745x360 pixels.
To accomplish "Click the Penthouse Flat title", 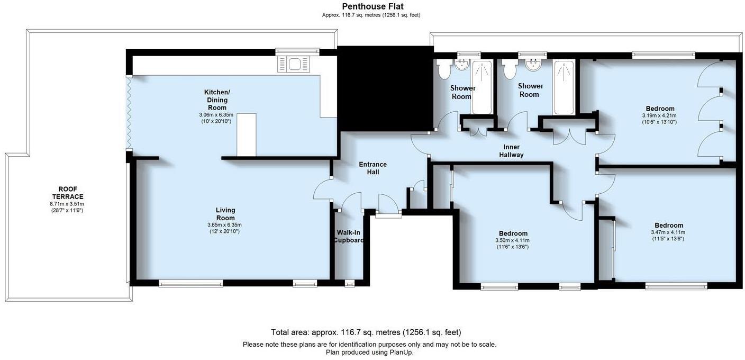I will point(373,6).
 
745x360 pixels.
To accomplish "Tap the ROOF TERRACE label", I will point(71,193).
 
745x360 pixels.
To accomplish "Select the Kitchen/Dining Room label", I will point(217,100).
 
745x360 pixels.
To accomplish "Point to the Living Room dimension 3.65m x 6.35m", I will point(224,224).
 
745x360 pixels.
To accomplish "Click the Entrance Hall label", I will point(373,168).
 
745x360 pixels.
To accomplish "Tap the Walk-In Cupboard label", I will point(349,236).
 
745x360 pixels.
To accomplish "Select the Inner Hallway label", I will point(511,151).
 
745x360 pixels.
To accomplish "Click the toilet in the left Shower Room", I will point(443,68).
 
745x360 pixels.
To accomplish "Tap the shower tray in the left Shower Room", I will point(481,87).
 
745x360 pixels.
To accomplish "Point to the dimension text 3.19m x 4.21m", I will point(659,115).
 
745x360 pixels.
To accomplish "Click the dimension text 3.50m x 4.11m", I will point(513,240).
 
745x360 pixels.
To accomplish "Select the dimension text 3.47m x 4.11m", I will point(668,232).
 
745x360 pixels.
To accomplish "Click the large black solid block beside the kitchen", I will point(385,87).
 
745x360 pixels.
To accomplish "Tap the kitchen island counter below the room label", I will point(246,134).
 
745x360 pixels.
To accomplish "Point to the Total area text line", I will point(366,332).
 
